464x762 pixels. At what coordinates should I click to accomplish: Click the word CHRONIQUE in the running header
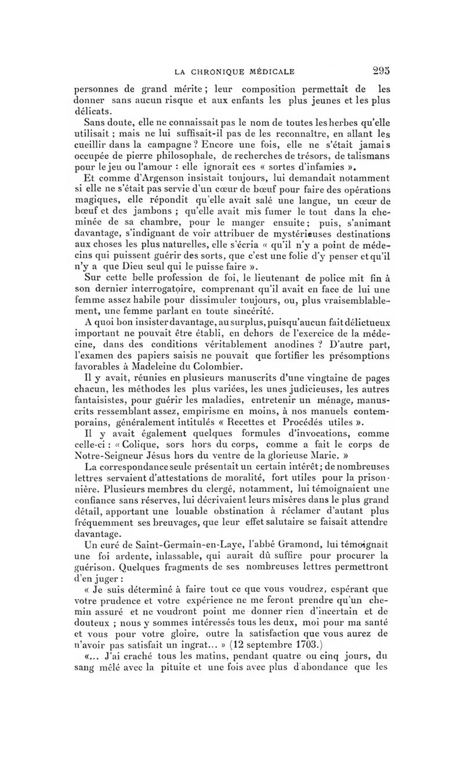[222, 72]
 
